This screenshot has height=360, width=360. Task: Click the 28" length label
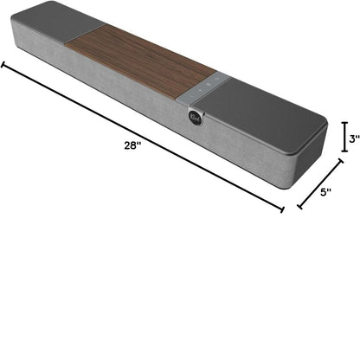click(132, 145)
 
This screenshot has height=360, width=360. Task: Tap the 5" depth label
click(325, 192)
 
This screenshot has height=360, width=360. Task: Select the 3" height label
click(355, 138)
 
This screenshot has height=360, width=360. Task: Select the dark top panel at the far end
click(58, 22)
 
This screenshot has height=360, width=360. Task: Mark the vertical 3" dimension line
click(344, 137)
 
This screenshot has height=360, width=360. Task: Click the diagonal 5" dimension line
click(320, 183)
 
